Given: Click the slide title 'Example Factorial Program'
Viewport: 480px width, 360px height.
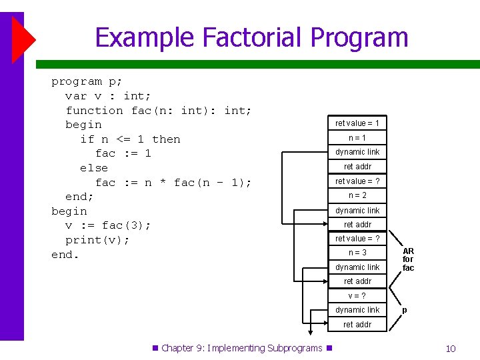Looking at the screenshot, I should click(251, 37).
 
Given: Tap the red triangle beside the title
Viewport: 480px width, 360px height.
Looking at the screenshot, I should click(23, 39).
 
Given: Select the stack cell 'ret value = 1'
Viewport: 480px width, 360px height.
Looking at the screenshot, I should click(357, 123).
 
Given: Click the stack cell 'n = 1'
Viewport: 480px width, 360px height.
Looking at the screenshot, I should click(357, 138).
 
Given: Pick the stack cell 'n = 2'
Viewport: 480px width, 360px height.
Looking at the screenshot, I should click(357, 195).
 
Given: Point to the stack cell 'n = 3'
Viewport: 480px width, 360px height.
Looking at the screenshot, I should click(357, 253).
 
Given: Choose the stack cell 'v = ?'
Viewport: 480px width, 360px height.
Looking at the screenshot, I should click(357, 295).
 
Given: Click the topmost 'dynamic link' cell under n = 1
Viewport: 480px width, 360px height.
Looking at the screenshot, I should click(357, 152).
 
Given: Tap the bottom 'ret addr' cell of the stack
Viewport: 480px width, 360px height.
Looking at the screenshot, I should click(357, 325).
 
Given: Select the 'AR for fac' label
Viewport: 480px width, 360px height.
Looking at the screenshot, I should click(408, 260).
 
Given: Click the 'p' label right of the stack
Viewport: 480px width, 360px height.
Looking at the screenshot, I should click(404, 310).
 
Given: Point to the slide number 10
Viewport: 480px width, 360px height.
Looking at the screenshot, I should click(451, 349).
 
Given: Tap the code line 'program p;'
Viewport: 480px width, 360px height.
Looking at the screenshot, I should click(87, 81).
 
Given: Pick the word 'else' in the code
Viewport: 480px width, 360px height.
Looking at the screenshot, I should click(94, 168).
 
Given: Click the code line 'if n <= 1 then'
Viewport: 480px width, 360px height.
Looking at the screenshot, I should click(130, 139).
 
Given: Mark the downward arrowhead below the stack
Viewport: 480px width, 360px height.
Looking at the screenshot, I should click(309, 335).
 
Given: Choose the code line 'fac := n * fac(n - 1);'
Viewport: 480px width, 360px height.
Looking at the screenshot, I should click(173, 183).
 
